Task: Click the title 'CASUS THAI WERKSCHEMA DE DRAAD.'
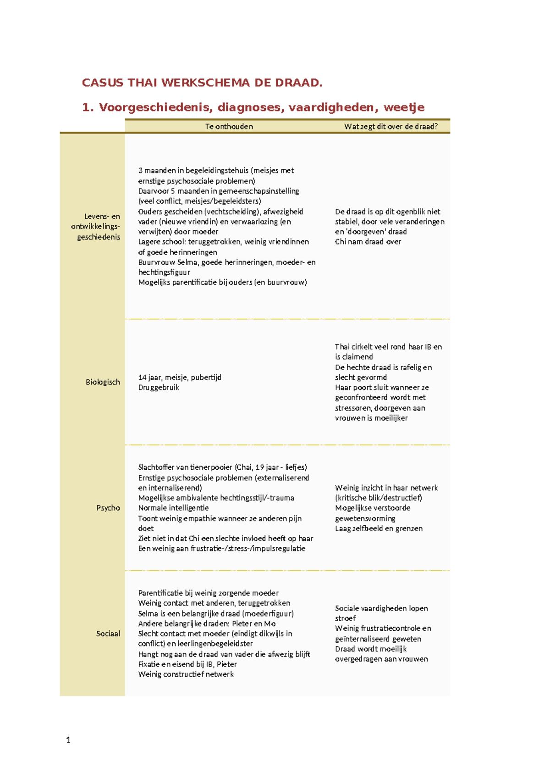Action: click(202, 83)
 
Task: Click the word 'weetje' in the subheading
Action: click(404, 107)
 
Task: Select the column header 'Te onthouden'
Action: click(229, 127)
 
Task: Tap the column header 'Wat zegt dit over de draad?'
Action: click(390, 127)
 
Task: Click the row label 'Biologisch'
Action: click(103, 382)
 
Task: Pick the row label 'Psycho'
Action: click(108, 508)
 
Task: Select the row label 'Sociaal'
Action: click(108, 634)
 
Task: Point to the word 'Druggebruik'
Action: click(159, 388)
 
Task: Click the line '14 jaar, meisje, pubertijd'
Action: click(180, 378)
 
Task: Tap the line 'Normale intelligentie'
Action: click(173, 508)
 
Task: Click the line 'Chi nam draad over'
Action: click(368, 242)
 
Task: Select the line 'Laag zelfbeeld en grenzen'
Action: click(379, 528)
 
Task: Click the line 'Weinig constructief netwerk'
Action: click(186, 674)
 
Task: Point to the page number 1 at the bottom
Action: click(68, 739)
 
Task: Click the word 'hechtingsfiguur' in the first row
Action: click(164, 272)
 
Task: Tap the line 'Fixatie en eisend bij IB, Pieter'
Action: click(187, 664)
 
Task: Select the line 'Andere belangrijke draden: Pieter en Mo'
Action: click(207, 623)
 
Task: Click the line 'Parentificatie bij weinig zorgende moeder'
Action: click(208, 593)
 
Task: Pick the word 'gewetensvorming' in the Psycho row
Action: click(365, 518)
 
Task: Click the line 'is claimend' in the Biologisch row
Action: click(354, 357)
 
